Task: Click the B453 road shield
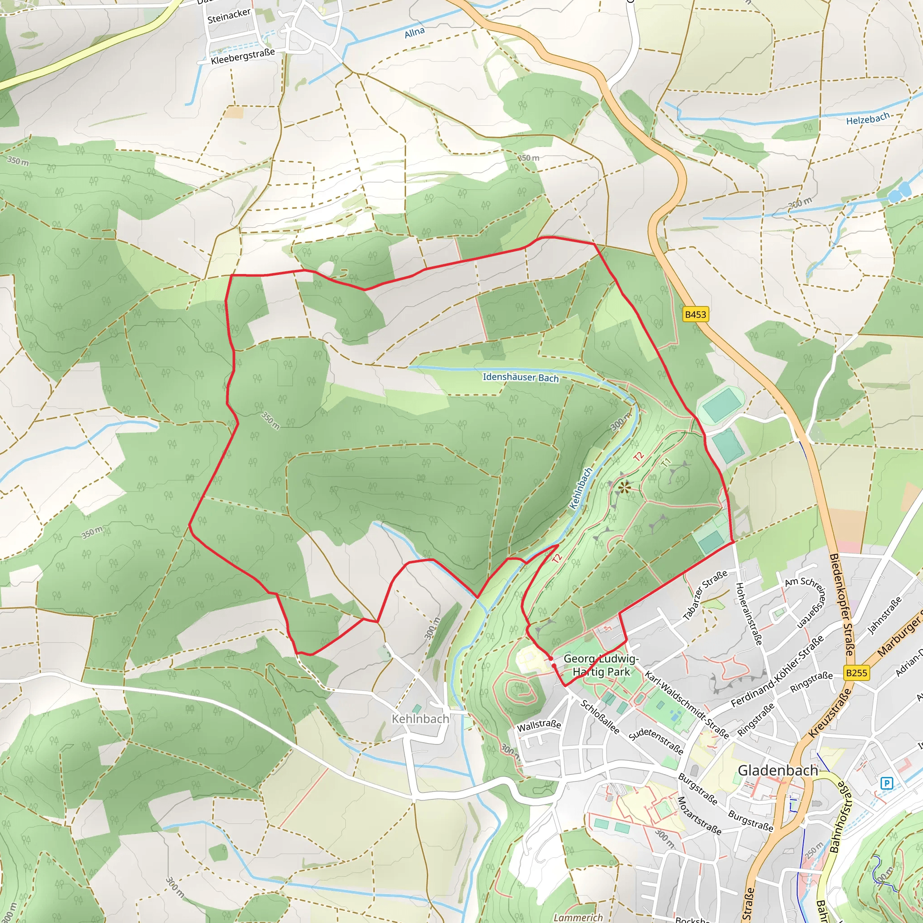(x=695, y=315)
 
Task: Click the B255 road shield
(x=856, y=673)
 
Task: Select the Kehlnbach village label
(x=420, y=718)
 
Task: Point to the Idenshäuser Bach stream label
(x=520, y=377)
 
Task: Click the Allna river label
(x=414, y=32)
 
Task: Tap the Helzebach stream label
(x=868, y=119)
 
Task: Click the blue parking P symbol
(x=886, y=783)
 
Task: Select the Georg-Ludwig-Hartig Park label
(x=601, y=665)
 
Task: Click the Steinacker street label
(x=229, y=16)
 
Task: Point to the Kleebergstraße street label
(x=243, y=56)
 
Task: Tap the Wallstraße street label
(x=539, y=725)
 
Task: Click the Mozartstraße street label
(x=699, y=815)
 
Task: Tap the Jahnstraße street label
(x=884, y=615)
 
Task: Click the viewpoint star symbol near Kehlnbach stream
(x=624, y=487)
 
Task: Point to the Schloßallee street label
(x=599, y=717)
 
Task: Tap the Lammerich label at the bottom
(x=578, y=917)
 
